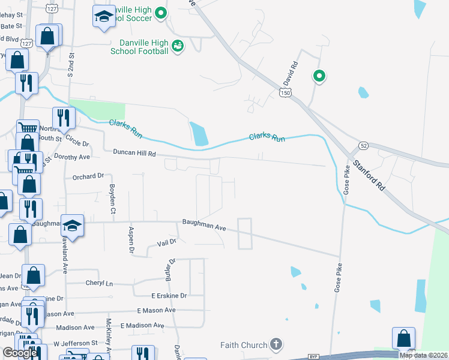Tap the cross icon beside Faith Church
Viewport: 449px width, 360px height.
coord(276,344)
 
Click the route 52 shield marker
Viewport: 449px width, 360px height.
coord(364,146)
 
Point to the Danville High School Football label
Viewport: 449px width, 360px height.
coord(139,47)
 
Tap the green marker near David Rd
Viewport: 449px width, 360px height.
coord(319,76)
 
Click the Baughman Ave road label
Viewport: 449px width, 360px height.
coord(204,227)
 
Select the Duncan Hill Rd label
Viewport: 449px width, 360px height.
coord(134,154)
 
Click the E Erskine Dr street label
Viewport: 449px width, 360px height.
coord(169,296)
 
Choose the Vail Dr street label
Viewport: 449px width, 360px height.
coord(166,242)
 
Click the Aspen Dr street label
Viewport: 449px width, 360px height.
coord(131,240)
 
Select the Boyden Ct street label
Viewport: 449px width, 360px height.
coord(112,199)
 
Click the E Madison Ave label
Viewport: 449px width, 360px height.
coord(142,325)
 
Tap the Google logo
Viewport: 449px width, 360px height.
coord(20,353)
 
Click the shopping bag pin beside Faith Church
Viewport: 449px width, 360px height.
coord(403,338)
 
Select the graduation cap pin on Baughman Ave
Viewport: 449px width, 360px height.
coord(72,226)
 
